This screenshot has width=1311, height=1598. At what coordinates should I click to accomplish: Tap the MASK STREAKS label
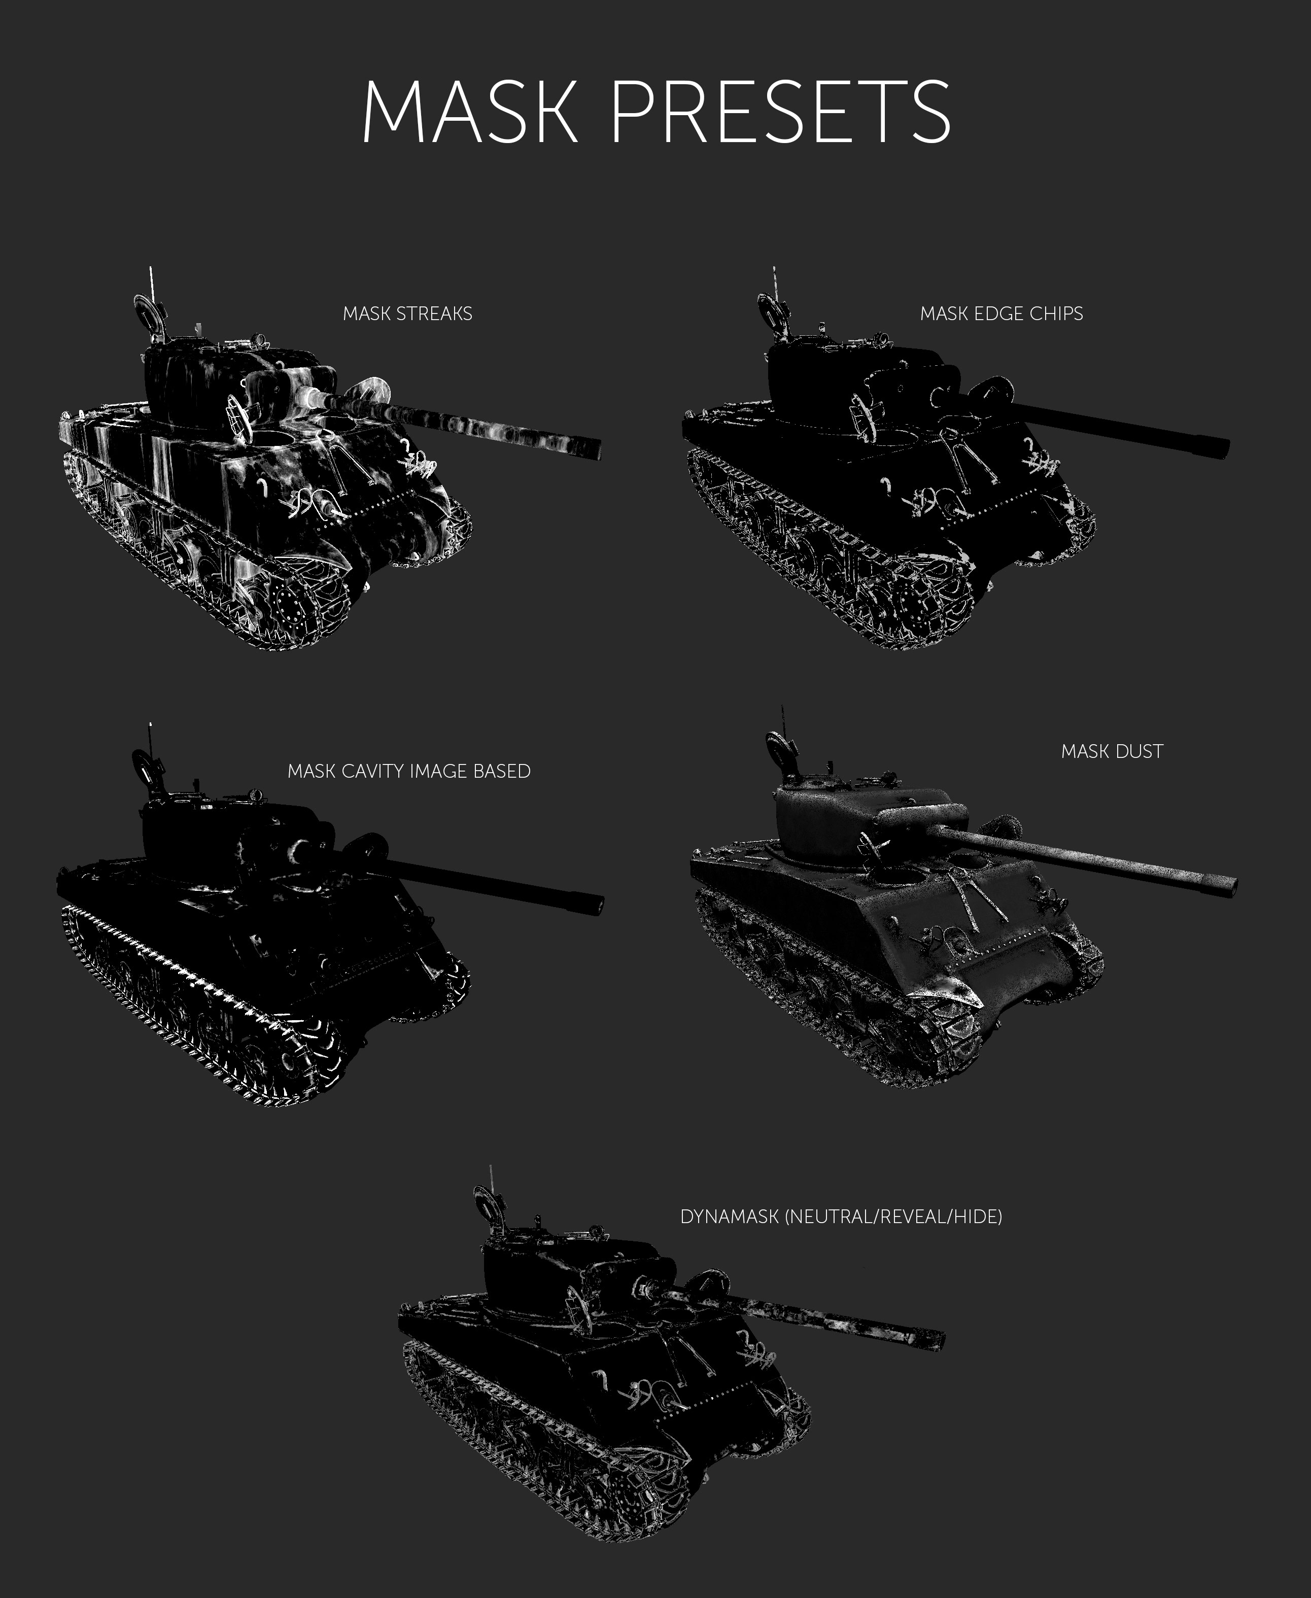pyautogui.click(x=408, y=314)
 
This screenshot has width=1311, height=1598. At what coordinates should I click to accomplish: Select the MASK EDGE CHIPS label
pyautogui.click(x=1002, y=314)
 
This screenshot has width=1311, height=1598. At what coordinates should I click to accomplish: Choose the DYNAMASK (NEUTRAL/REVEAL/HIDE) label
pyautogui.click(x=841, y=1217)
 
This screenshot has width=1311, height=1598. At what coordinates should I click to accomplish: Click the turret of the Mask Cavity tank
pyautogui.click(x=227, y=838)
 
